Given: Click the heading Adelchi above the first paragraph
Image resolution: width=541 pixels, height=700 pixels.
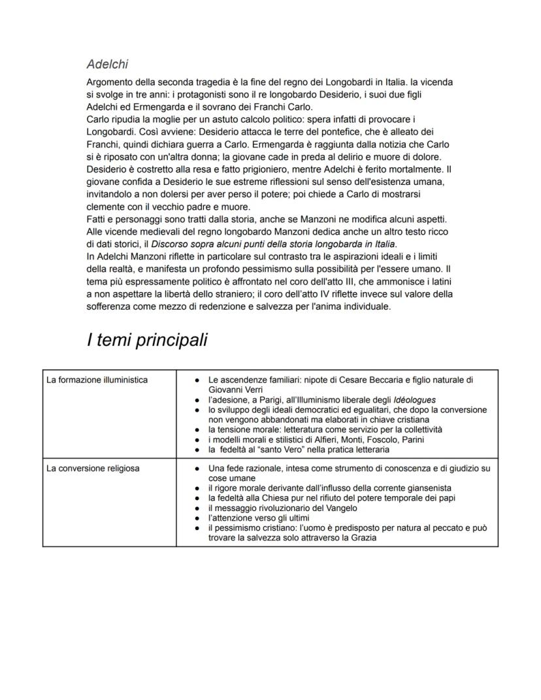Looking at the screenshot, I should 107,64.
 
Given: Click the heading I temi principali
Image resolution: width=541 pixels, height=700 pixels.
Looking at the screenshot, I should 147,340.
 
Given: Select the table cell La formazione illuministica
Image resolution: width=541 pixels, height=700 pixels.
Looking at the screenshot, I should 97,380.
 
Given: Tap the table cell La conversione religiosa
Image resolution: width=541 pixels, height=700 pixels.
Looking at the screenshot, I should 93,468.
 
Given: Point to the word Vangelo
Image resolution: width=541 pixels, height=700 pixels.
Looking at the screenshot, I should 335,508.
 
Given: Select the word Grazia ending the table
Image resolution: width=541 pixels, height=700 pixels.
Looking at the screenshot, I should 362,537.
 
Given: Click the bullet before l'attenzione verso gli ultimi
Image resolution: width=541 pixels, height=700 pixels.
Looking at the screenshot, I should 197,518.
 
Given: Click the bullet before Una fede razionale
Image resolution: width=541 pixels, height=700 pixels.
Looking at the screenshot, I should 197,469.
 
